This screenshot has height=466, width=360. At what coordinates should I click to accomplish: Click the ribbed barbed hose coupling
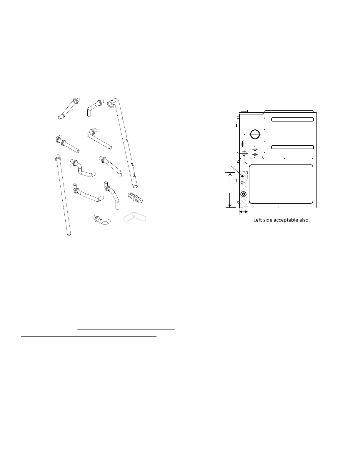tap(136, 197)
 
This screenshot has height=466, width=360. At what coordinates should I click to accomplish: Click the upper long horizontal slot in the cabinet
tap(293, 119)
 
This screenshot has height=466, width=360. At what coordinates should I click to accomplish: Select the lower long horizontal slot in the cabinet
tap(293, 147)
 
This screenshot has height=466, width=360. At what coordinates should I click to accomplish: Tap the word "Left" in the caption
tap(259, 220)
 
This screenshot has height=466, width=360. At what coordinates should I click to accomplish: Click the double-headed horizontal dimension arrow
tap(244, 212)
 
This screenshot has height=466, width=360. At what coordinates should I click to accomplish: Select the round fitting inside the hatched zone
tap(244, 194)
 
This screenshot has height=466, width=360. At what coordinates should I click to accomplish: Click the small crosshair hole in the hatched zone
tap(242, 182)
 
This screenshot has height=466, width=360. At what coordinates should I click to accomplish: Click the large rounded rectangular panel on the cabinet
tap(281, 184)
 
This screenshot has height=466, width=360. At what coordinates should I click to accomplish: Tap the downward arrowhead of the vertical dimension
tap(229, 205)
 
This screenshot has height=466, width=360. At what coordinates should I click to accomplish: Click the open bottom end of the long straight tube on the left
tap(69, 235)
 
